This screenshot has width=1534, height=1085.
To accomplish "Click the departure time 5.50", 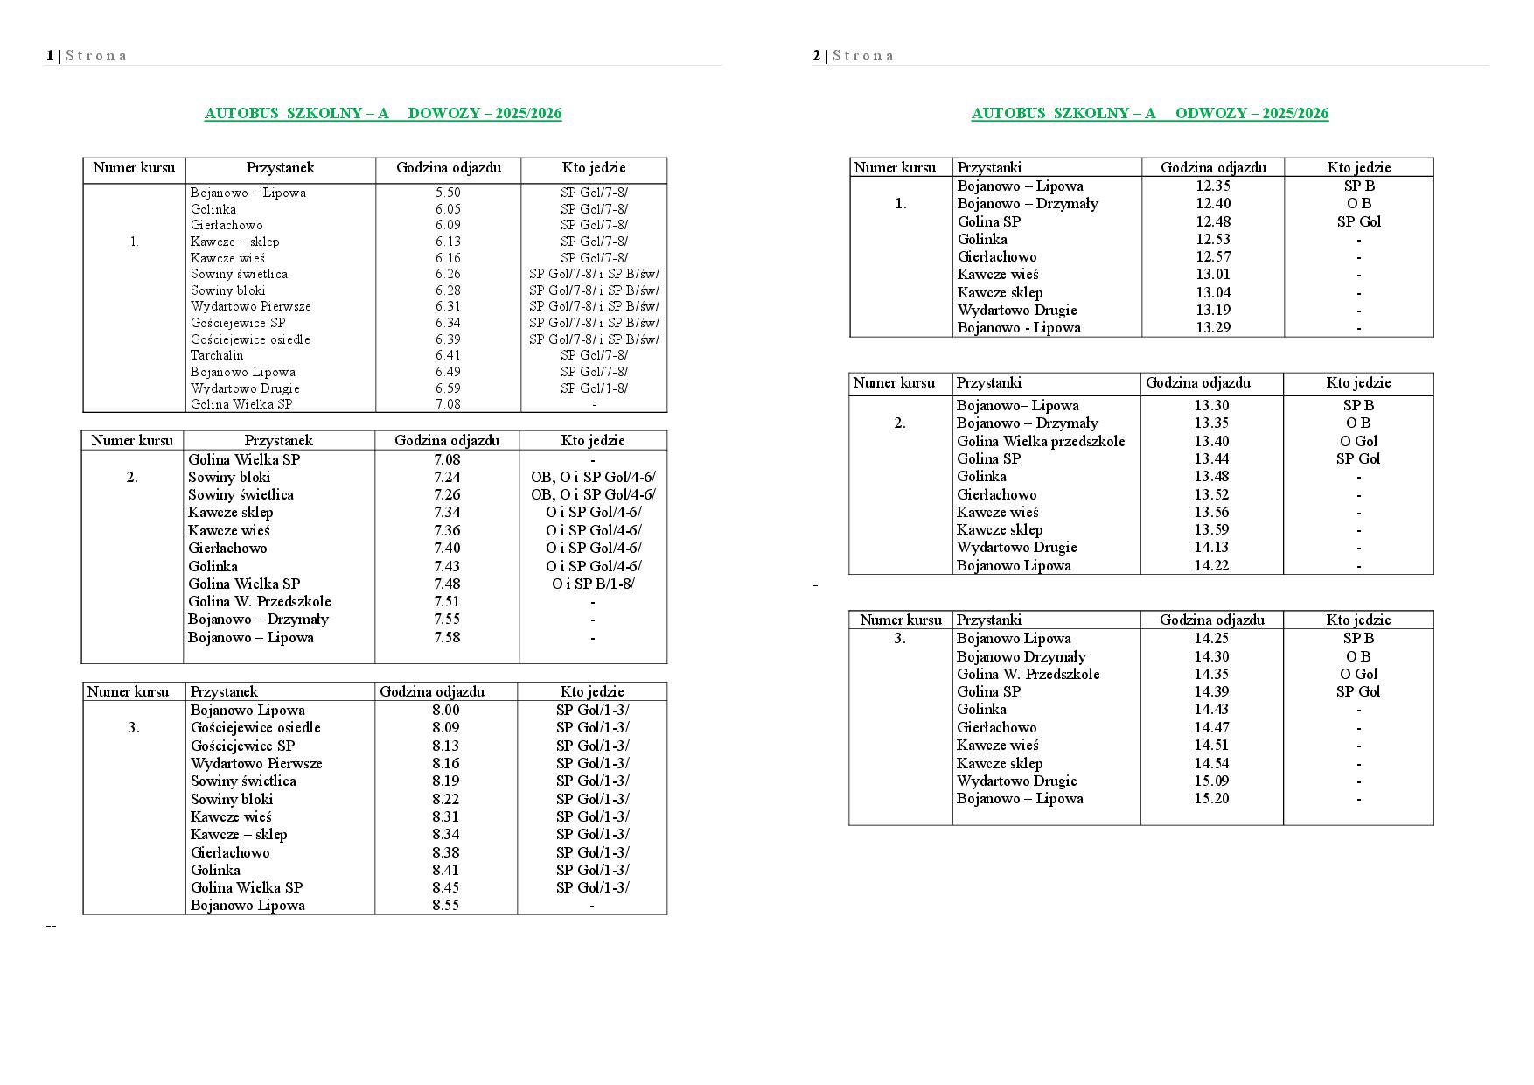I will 447,192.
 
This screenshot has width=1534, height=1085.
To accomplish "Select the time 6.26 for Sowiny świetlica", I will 447,274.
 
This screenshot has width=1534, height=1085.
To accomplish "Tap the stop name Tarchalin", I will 217,355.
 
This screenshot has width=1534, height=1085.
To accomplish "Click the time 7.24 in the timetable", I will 446,477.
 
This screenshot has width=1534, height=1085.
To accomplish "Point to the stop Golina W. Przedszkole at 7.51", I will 259,601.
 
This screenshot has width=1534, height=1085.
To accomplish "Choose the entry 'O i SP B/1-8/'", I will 593,584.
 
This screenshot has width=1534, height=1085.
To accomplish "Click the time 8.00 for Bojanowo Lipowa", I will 445,710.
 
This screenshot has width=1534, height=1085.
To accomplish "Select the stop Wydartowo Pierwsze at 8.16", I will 256,763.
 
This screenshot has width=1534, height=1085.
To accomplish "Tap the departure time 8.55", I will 445,905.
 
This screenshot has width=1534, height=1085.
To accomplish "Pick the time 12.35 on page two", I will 1213,185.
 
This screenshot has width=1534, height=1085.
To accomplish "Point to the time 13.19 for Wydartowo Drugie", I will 1213,310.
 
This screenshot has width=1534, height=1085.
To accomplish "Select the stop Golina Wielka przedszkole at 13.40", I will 1041,441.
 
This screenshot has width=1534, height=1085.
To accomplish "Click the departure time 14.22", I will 1211,565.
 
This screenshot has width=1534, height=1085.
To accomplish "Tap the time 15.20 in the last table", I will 1211,798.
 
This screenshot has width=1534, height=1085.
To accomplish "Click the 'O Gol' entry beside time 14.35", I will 1358,674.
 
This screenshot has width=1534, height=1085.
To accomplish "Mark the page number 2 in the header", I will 817,56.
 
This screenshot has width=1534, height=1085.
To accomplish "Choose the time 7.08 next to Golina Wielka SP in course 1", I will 447,404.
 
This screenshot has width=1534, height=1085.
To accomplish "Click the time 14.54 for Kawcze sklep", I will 1211,763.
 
